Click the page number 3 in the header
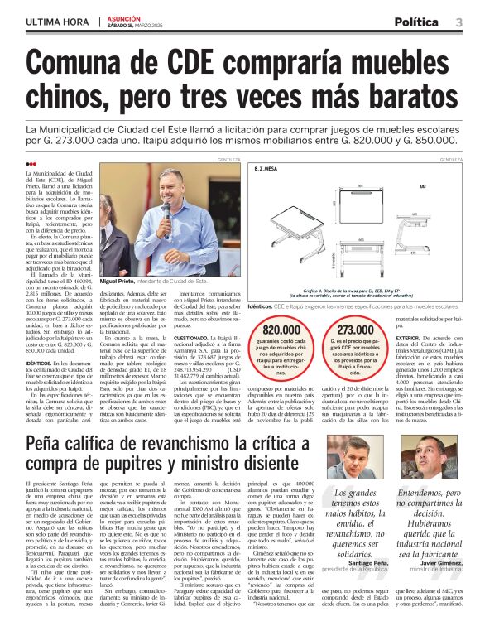click(x=458, y=22)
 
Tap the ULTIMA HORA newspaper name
click(x=56, y=22)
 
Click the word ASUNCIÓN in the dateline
click(x=123, y=17)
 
